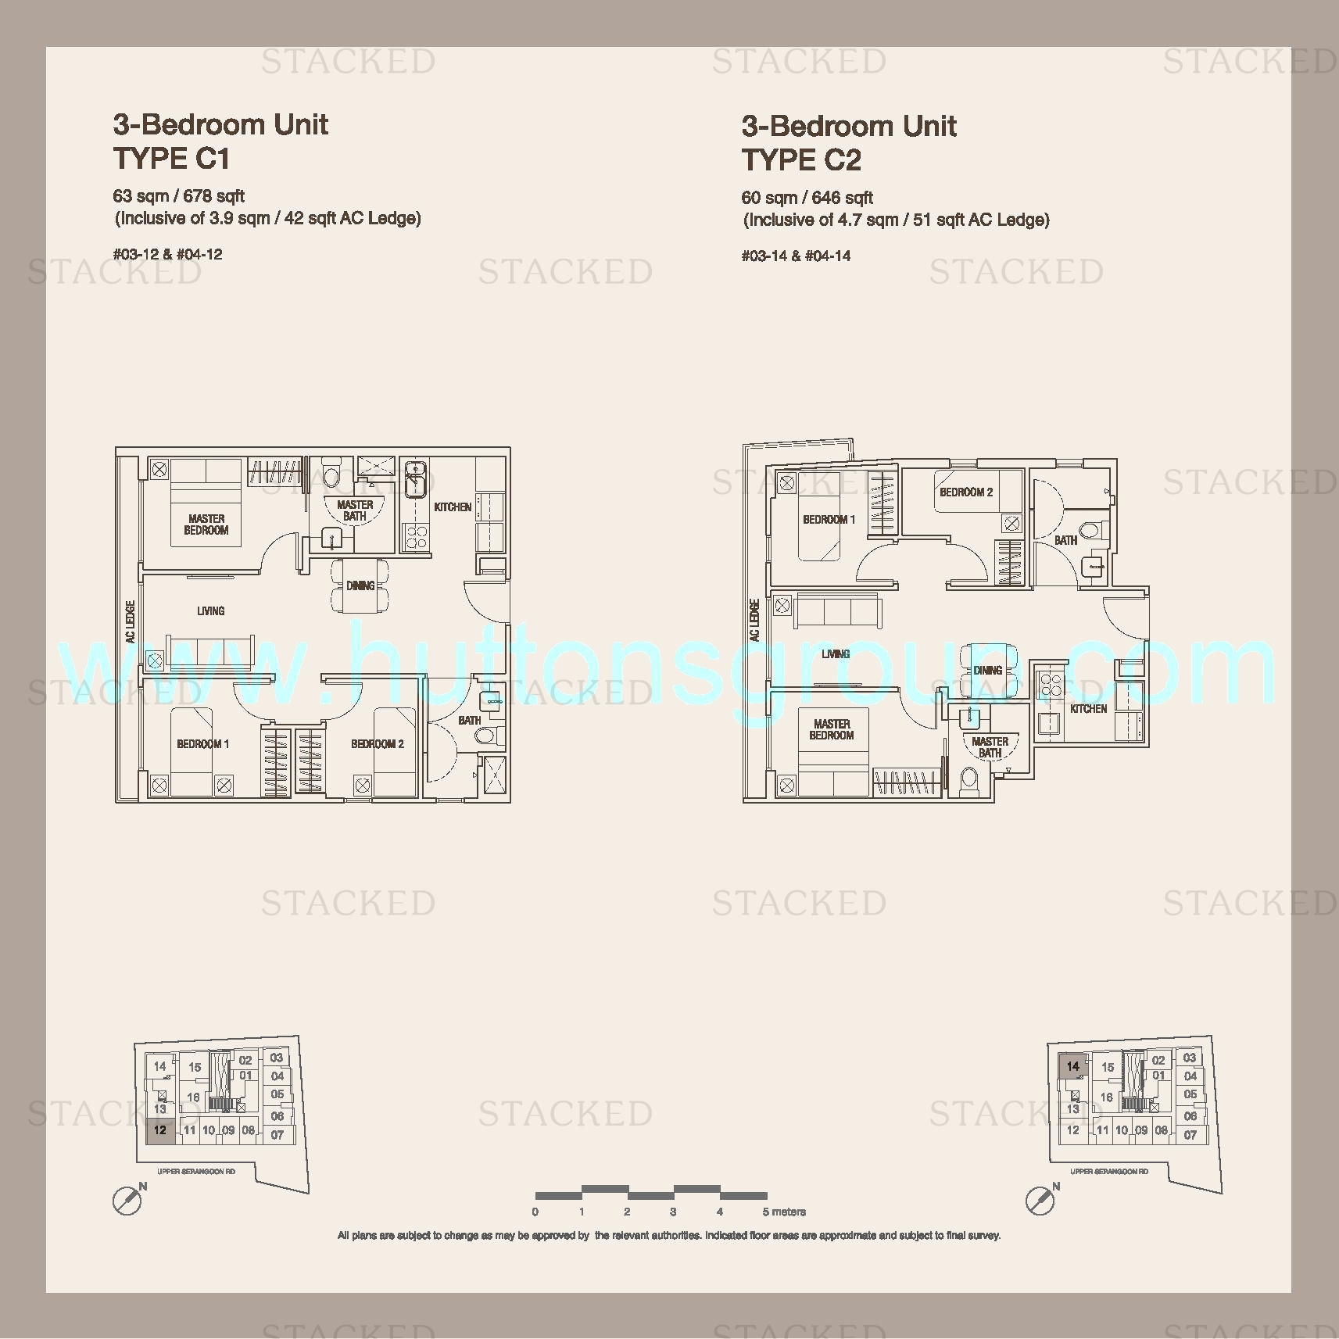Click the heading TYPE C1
(171, 159)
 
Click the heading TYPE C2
(801, 160)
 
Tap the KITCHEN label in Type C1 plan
(453, 507)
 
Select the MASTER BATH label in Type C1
(355, 510)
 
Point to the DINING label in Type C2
(988, 671)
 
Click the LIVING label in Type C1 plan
(211, 611)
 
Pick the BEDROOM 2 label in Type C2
(966, 492)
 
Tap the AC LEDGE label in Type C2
(754, 621)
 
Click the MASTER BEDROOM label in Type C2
(832, 729)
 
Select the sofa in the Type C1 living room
(210, 650)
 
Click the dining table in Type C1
(360, 585)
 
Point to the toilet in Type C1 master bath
(331, 476)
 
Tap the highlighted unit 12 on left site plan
(160, 1130)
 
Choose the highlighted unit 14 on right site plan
(1072, 1066)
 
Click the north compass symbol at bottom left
(127, 1200)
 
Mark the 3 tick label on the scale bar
(673, 1212)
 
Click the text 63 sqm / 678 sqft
(179, 196)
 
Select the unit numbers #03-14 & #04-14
(796, 256)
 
